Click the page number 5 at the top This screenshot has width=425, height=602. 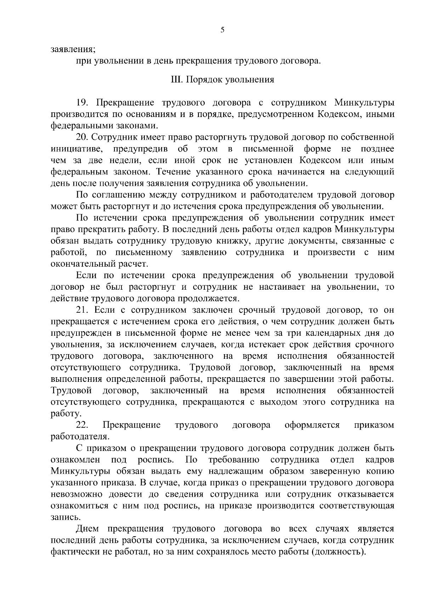click(222, 30)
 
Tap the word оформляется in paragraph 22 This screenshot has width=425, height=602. click(312, 425)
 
